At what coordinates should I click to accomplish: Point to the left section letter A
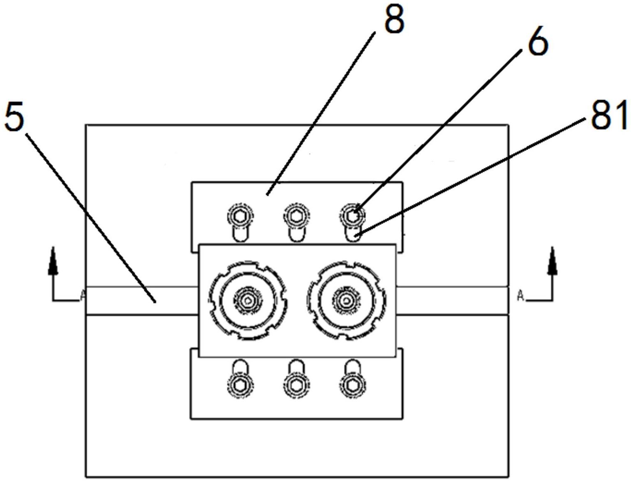click(83, 295)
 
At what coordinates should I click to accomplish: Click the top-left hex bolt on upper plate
click(240, 216)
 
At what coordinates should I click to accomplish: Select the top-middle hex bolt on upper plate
click(296, 216)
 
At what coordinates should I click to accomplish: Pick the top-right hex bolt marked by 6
click(352, 216)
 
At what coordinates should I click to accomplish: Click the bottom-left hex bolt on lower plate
click(240, 385)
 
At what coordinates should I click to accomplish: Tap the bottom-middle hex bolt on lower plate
click(296, 385)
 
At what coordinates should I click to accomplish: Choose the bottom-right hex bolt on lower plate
click(352, 385)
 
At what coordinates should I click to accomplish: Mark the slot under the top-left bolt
click(240, 234)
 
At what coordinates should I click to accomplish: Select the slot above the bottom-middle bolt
click(296, 367)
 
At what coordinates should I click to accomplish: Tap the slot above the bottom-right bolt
click(352, 367)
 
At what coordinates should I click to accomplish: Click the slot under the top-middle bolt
click(296, 234)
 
